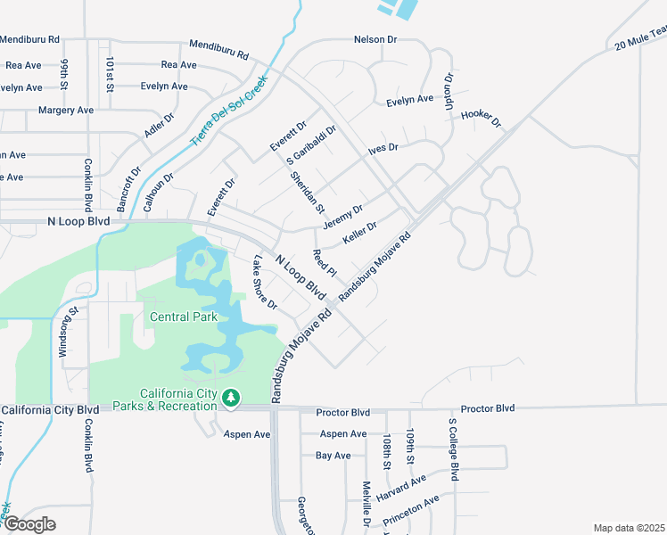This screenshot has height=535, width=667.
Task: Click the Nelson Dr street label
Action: tap(375, 39)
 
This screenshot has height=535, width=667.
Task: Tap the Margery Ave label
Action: tap(66, 110)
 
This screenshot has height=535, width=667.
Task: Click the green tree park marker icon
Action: tap(231, 397)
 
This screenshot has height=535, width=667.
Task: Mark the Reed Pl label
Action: tap(323, 263)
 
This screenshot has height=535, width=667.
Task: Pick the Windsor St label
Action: tap(64, 333)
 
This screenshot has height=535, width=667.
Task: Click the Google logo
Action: tap(29, 524)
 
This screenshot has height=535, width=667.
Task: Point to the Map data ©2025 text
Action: tap(630, 528)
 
